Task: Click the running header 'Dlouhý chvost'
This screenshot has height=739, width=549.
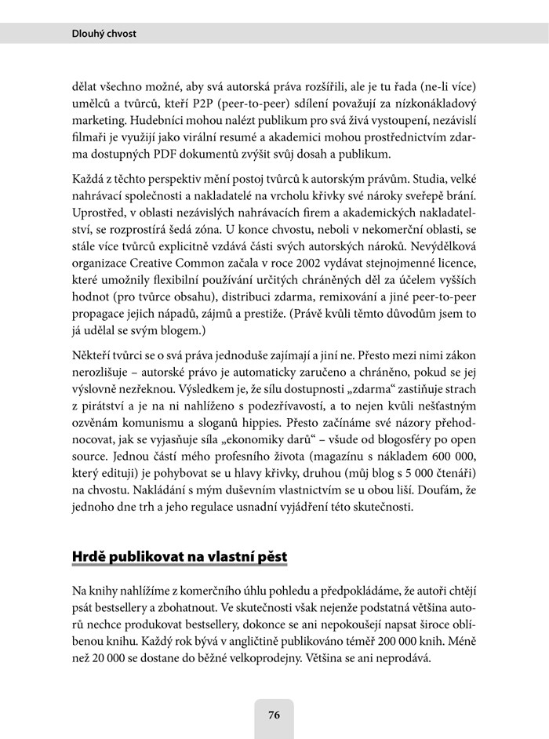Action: [x=104, y=34]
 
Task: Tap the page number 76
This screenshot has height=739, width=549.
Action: [x=274, y=715]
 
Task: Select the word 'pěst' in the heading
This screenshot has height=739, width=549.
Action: [x=272, y=557]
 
